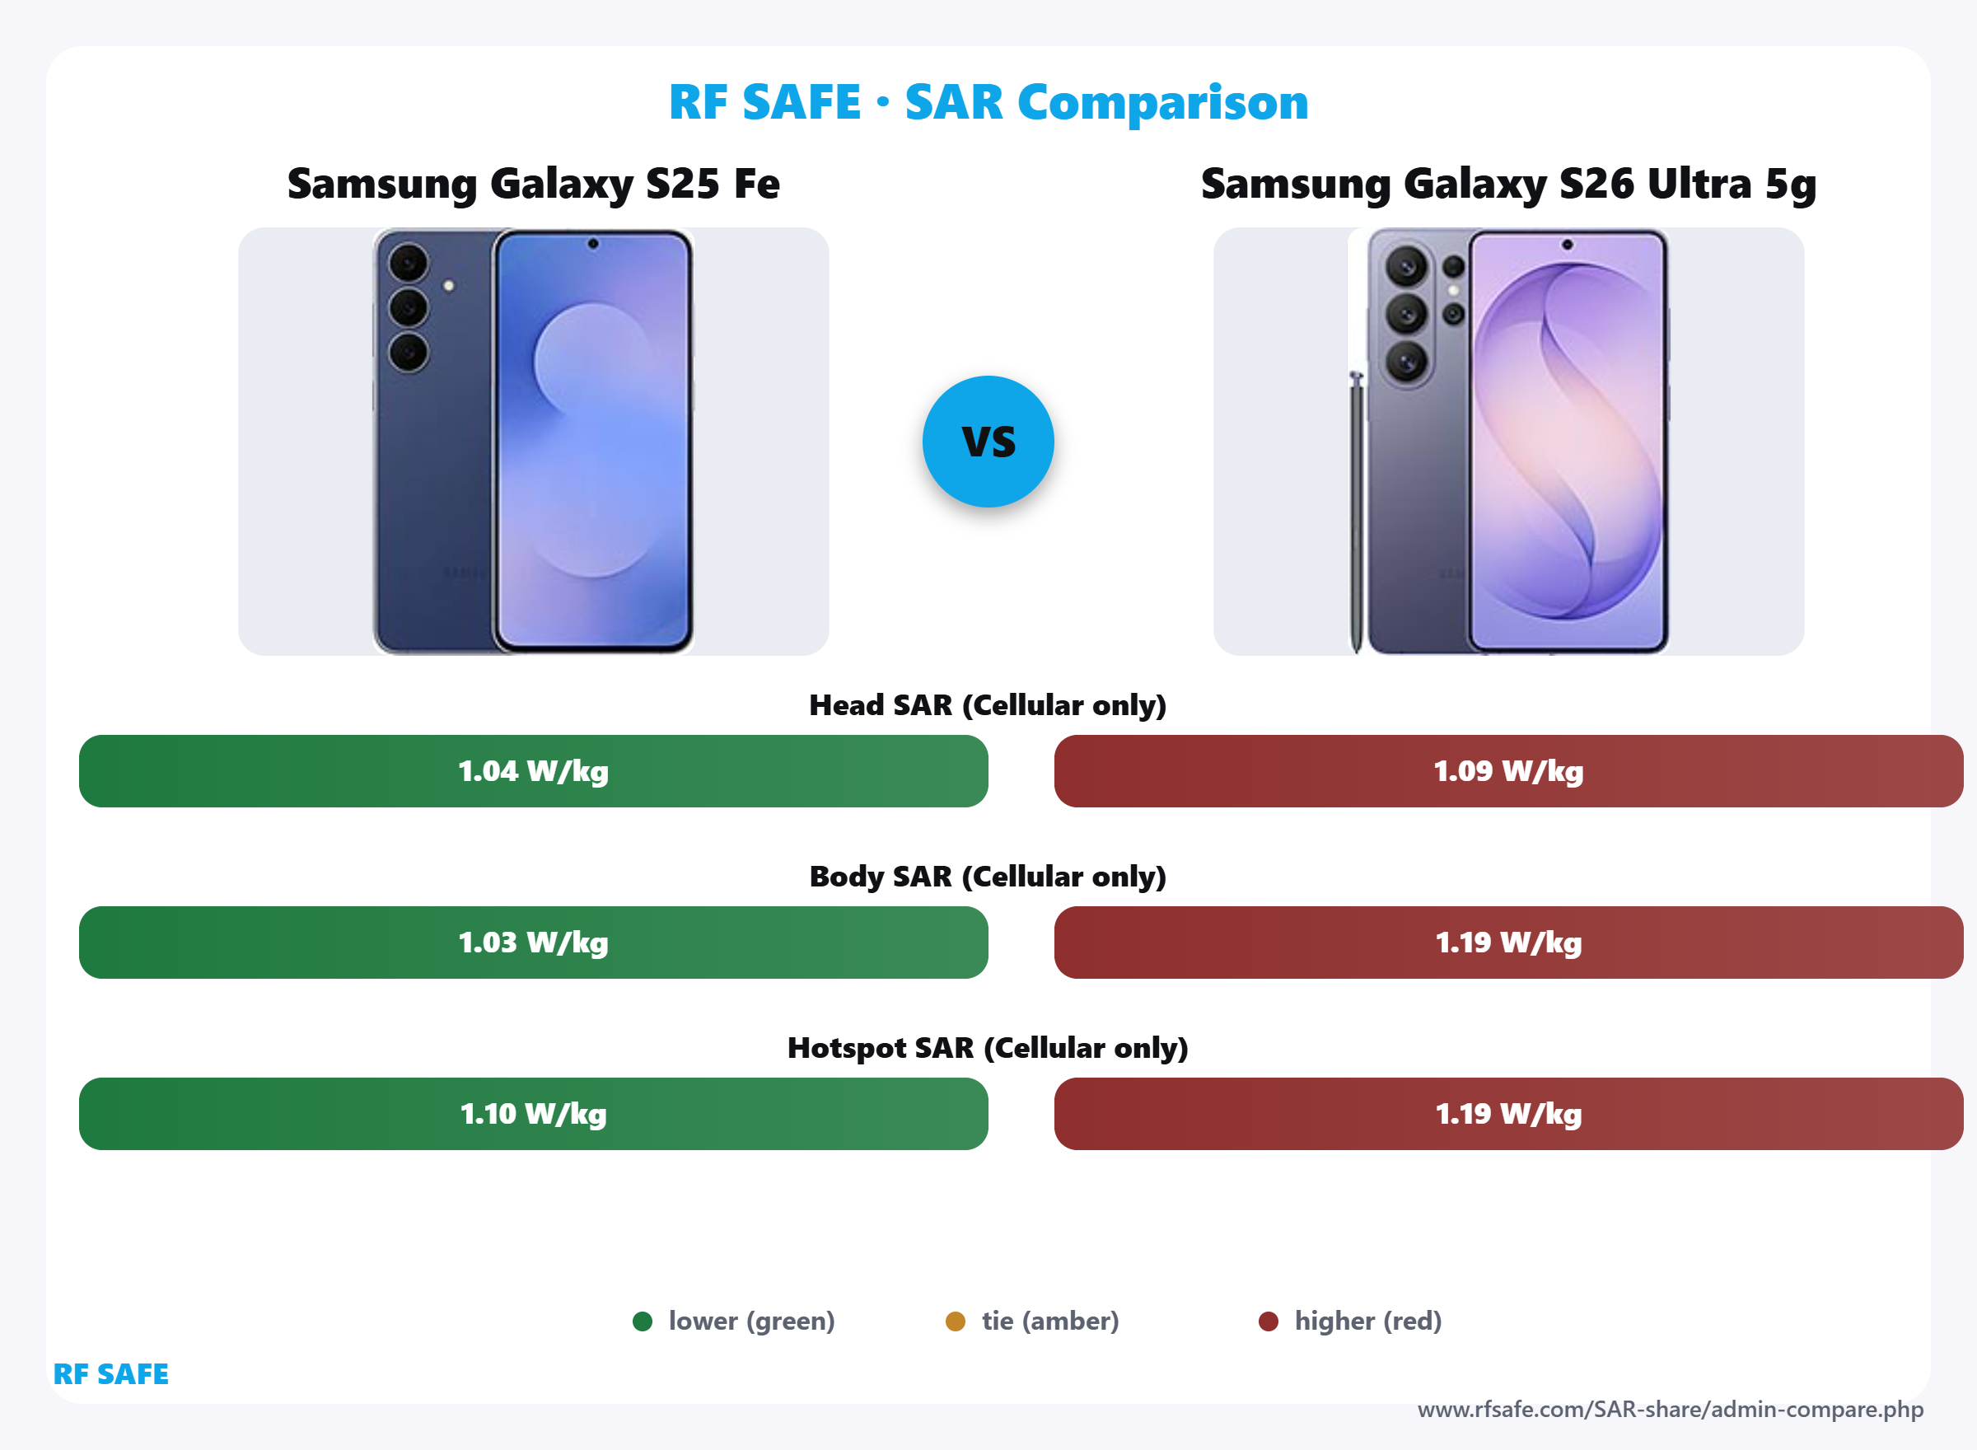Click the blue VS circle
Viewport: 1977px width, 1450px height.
[988, 442]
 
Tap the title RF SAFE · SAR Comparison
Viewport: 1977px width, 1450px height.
[988, 102]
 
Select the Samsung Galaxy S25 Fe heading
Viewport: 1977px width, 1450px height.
[534, 184]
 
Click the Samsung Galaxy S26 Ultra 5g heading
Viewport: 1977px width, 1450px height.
[1508, 184]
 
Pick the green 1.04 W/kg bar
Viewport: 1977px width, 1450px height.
[534, 770]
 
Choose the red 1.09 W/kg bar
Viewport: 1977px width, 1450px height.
[1508, 770]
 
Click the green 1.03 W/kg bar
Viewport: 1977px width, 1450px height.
[534, 942]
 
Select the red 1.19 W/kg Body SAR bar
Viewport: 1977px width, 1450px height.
[1508, 942]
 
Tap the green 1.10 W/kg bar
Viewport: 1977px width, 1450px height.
[534, 1113]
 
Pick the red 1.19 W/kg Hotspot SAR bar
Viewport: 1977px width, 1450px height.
[1508, 1113]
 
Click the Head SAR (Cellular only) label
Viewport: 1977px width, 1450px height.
[988, 704]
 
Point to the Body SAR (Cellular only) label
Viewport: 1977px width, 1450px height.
[988, 876]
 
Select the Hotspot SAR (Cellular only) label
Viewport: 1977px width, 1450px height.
[988, 1047]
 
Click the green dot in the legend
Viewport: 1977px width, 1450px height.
[643, 1321]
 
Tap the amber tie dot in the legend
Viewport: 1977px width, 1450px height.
[956, 1321]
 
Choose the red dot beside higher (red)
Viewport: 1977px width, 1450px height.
[1268, 1321]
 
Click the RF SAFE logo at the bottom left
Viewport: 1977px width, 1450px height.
[110, 1373]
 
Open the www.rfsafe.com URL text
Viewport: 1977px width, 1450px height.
[1670, 1410]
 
